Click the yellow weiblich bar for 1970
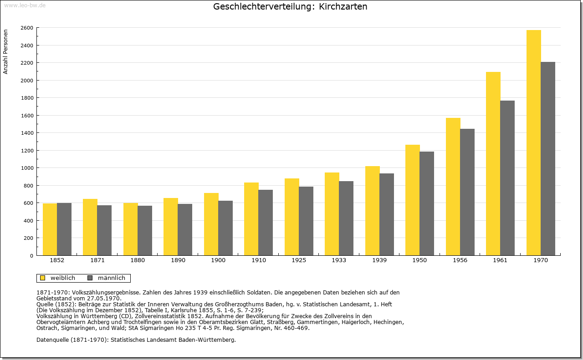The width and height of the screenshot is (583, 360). click(533, 142)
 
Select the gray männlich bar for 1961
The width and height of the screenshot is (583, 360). click(507, 178)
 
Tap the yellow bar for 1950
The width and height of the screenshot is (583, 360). click(413, 200)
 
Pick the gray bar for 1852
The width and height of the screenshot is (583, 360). click(64, 229)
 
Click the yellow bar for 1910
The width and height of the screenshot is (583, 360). click(251, 219)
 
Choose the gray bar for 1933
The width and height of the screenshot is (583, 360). click(346, 218)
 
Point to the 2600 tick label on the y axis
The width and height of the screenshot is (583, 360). click(27, 28)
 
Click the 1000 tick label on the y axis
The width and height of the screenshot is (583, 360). click(27, 168)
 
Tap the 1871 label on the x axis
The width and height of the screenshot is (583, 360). click(97, 260)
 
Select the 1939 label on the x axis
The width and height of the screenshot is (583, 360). click(379, 260)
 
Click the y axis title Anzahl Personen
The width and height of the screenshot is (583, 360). click(5, 52)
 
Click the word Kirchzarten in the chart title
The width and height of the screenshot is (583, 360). click(343, 6)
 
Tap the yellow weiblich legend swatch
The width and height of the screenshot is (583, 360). click(42, 278)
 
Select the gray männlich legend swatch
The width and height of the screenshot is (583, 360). click(90, 278)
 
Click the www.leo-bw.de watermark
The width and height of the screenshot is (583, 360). click(25, 5)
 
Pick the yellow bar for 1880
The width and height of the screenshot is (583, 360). click(130, 229)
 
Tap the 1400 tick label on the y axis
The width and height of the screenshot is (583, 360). click(27, 133)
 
